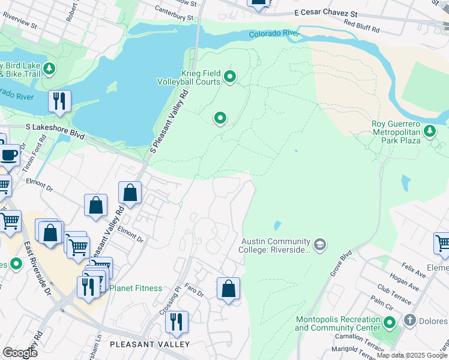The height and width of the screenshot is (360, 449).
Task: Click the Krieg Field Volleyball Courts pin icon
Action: click(229, 77)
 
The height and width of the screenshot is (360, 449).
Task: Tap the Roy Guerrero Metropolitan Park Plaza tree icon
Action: click(430, 131)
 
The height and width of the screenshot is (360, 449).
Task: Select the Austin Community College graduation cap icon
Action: click(321, 244)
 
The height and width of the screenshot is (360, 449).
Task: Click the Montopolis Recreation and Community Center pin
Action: click(390, 324)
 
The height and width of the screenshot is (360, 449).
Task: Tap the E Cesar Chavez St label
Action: click(325, 13)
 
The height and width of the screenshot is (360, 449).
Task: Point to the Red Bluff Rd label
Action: click(362, 28)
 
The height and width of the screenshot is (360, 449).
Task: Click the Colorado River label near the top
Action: click(274, 35)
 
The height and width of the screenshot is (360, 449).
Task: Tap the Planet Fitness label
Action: click(136, 288)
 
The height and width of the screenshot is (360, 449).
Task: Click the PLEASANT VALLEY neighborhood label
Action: click(150, 344)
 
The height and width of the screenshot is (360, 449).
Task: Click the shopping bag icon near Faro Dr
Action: click(228, 289)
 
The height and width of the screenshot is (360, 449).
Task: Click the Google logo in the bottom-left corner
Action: click(20, 353)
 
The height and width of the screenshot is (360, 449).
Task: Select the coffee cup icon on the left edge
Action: click(9, 155)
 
